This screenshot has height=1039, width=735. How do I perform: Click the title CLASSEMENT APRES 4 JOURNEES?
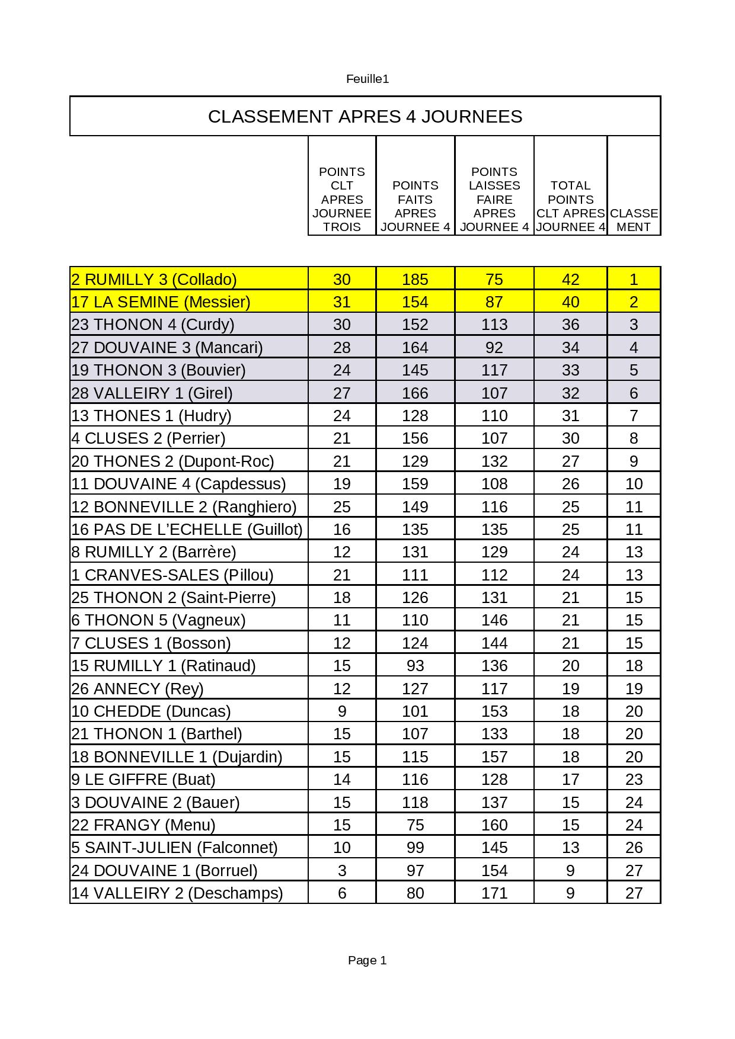(365, 116)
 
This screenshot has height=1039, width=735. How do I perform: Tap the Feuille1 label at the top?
(367, 79)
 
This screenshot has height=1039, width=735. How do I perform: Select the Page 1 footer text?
(367, 960)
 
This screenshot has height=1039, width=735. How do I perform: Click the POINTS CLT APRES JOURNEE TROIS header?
(342, 199)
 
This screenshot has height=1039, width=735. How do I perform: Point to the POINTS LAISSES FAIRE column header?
(494, 199)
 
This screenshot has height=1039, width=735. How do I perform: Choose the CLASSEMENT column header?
(634, 220)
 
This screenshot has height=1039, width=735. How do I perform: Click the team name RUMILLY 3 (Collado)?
(154, 279)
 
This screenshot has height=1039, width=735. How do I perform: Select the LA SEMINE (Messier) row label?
(161, 302)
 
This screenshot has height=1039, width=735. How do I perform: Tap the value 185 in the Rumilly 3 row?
(415, 279)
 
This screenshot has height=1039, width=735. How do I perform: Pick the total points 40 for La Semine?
(570, 302)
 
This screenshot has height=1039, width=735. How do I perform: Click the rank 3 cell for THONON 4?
(634, 325)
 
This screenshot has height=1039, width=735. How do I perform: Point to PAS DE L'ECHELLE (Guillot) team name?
(187, 529)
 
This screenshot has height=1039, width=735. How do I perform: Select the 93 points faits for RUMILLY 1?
(415, 666)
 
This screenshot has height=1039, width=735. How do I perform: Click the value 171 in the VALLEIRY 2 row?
(494, 893)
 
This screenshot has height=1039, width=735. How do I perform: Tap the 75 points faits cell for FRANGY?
(415, 825)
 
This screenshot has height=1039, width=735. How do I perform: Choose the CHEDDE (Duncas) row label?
(151, 711)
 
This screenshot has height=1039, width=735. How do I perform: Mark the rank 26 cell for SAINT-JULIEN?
(634, 848)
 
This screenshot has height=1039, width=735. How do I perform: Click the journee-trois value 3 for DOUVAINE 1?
(342, 871)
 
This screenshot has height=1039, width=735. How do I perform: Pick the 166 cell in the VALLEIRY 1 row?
(415, 393)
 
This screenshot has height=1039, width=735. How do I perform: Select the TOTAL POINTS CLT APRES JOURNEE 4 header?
(570, 206)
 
